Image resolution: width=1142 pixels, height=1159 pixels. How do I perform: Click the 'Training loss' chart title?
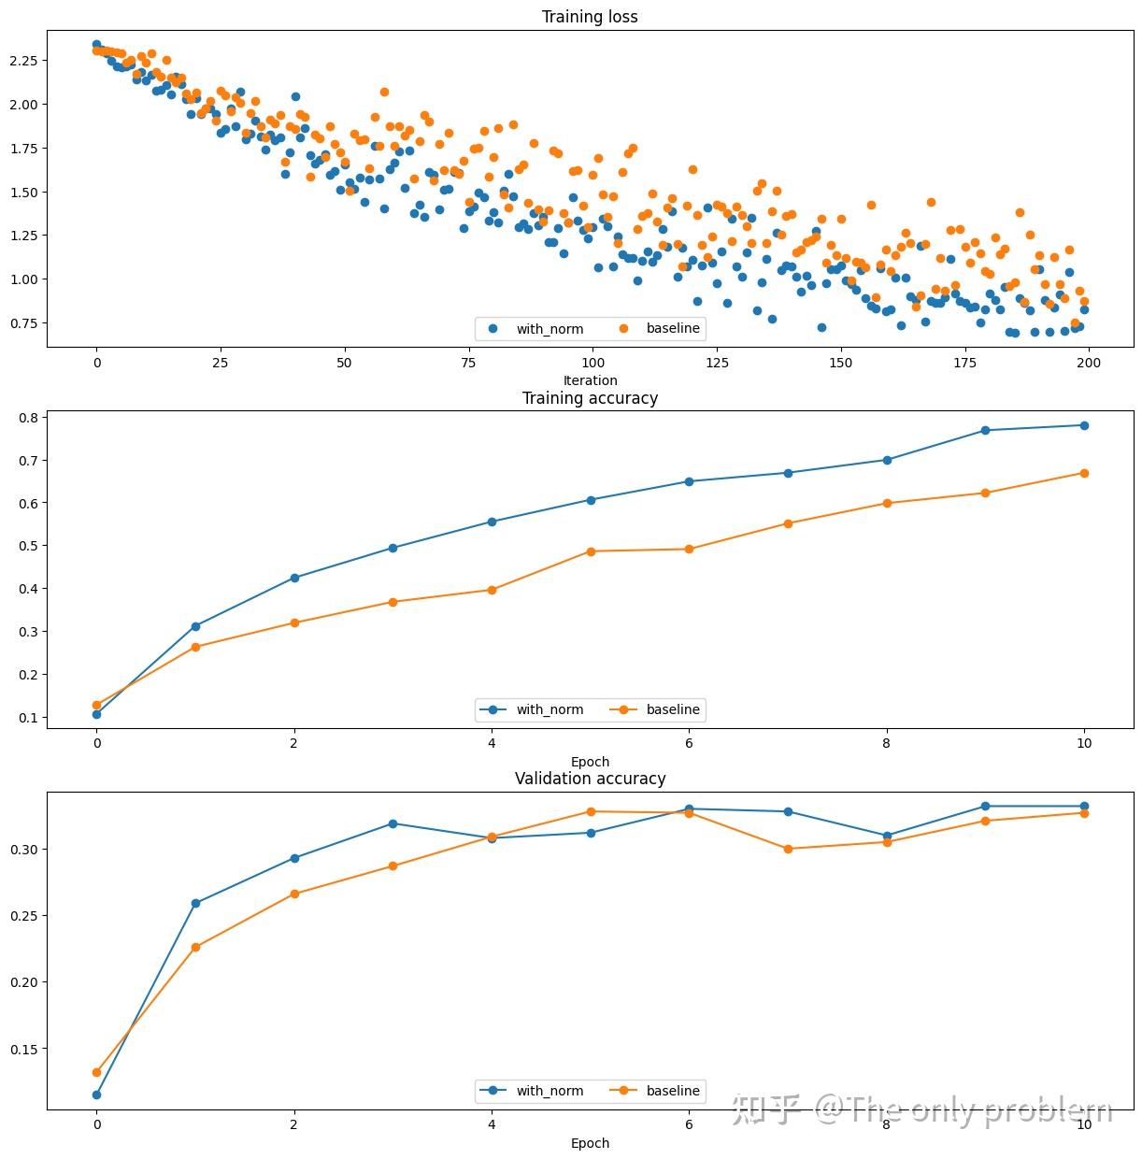coord(590,17)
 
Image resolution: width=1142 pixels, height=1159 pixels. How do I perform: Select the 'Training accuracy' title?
coord(590,398)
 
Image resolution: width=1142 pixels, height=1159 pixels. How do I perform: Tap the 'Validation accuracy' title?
coord(590,779)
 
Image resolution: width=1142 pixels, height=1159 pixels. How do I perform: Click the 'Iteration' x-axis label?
coord(590,380)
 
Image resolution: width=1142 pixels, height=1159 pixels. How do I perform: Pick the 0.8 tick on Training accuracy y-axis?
coord(28,417)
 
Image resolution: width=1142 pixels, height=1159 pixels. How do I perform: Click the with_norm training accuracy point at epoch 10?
coord(1084,425)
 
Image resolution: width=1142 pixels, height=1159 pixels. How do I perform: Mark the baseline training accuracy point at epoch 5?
coord(591,551)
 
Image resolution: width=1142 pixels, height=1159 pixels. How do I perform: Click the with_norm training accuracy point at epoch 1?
coord(195,626)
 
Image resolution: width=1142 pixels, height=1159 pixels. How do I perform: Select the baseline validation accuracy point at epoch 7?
coord(788,849)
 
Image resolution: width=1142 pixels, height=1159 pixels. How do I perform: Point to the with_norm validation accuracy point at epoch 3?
coord(393,823)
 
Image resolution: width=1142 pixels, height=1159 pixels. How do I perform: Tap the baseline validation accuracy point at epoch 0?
coord(96,1072)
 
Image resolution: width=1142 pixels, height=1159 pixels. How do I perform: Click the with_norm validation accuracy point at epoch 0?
coord(96,1095)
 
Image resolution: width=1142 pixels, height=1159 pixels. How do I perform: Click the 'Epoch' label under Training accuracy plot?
coord(590,762)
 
